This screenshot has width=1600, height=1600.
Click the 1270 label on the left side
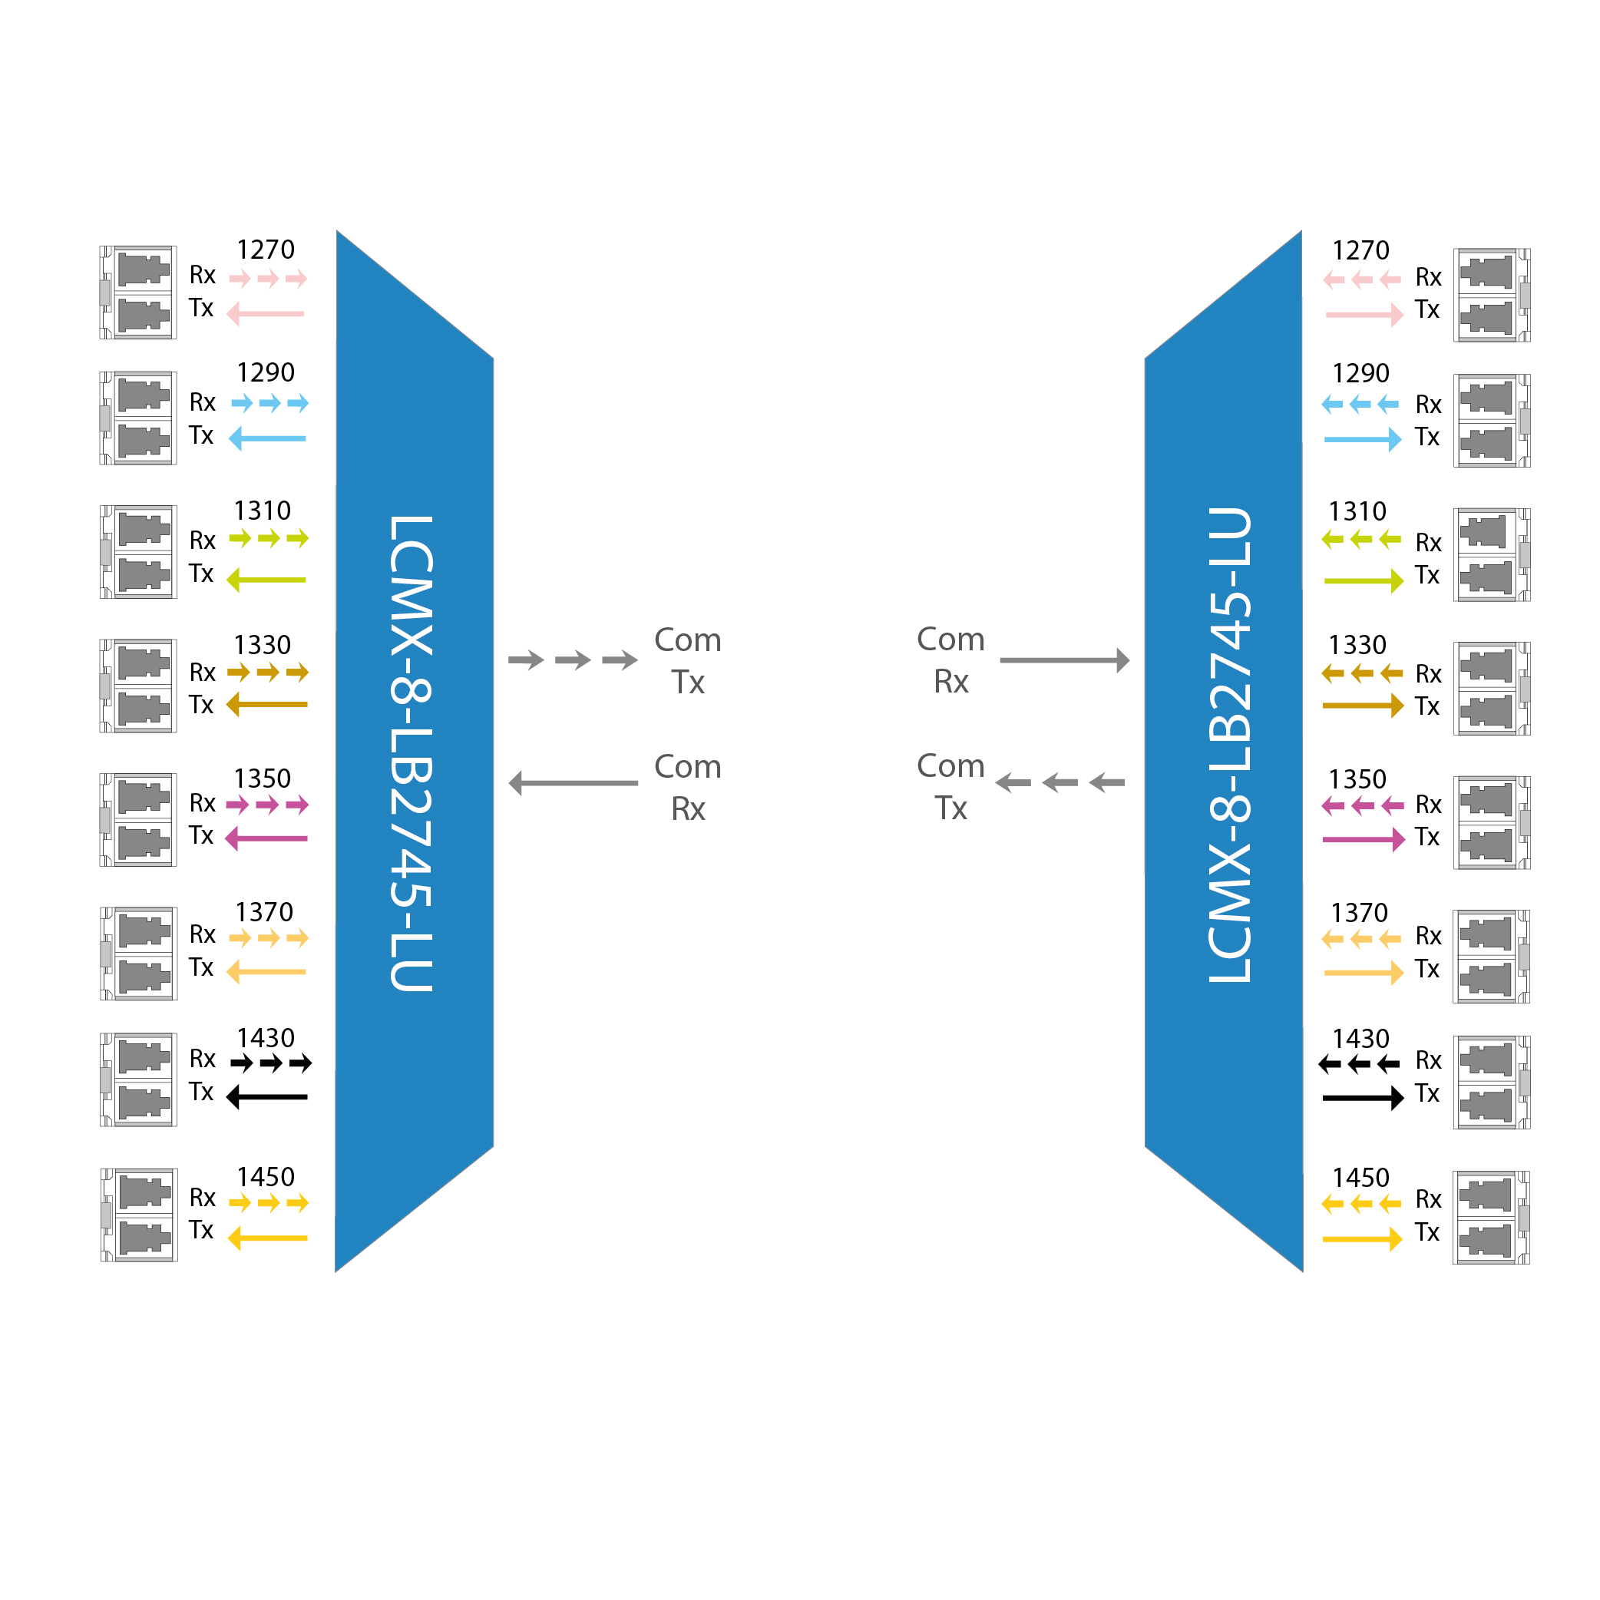point(265,250)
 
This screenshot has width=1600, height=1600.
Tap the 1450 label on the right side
point(1360,1178)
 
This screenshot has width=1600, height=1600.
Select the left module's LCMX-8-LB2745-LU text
point(412,753)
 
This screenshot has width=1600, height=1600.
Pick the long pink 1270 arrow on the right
point(1363,315)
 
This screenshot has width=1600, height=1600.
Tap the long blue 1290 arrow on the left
point(267,438)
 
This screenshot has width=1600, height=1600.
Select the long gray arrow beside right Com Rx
point(1064,660)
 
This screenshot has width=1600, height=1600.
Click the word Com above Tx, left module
point(687,640)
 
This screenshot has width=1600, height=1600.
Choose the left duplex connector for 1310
point(139,551)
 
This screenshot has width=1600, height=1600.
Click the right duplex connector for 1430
point(1492,1082)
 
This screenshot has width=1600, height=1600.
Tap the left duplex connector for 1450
point(139,1215)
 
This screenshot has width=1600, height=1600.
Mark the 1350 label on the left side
point(262,779)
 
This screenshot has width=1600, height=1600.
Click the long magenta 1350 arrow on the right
point(1363,840)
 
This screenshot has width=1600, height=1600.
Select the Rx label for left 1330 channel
point(202,672)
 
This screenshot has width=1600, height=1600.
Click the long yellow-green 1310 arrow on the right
point(1363,580)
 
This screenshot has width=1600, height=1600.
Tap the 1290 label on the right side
point(1360,373)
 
